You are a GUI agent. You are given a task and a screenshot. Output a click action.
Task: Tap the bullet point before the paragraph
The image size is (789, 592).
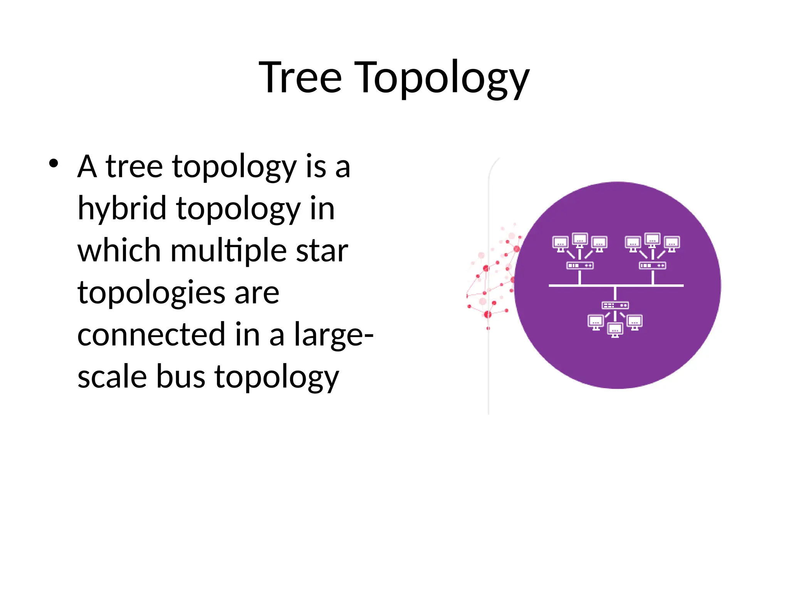coord(54,163)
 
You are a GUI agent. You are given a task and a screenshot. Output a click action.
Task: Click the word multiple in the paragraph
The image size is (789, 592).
coord(228,251)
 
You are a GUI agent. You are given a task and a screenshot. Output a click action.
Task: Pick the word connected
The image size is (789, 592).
coord(151,334)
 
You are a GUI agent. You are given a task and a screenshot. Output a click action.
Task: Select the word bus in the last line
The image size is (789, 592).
coord(180,377)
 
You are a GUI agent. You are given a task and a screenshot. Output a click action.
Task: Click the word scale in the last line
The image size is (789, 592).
coord(112,377)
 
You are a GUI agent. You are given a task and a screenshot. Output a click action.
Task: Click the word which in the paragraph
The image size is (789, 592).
coord(119,251)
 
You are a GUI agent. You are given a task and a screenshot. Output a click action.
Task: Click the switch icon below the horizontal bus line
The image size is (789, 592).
coord(615,305)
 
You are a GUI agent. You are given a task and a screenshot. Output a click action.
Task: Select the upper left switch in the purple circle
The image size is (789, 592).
coord(579,265)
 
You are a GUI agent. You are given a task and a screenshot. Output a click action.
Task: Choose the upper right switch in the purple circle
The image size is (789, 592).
coord(652,265)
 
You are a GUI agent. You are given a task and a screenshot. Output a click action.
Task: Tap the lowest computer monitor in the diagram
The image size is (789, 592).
coord(615,330)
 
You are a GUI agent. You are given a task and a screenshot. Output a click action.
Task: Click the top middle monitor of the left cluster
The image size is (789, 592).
coord(580,240)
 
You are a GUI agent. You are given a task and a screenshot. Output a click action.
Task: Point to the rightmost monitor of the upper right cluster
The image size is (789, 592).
coord(671,243)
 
